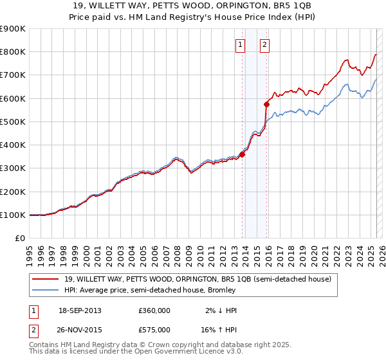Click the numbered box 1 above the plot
(x=240, y=44)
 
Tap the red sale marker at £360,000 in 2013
(x=243, y=154)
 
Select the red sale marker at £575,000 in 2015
(x=267, y=104)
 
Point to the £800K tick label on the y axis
(x=12, y=52)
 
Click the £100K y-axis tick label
(x=12, y=215)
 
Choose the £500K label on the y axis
(x=12, y=122)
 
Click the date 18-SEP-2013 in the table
(x=80, y=310)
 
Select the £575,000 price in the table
(x=154, y=329)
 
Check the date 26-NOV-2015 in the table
(x=80, y=329)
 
